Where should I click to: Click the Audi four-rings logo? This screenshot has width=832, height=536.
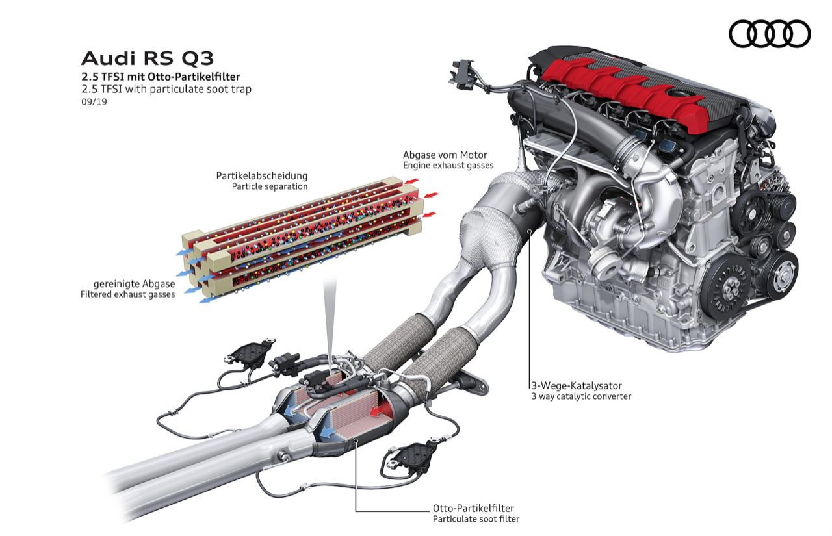770,33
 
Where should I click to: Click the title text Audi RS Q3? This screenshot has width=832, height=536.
147,58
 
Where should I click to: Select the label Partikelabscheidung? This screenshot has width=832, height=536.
262,175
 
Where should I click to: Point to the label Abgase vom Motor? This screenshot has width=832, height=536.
445,155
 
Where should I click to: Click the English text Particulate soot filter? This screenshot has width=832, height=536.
476,519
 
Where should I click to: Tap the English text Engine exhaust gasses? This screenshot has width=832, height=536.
448,166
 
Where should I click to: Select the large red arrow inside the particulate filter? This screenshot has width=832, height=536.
377,411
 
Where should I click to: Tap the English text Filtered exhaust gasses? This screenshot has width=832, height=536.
127,295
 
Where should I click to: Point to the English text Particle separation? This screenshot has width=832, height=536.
270,186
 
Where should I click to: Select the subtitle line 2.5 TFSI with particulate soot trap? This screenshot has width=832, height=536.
166,89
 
